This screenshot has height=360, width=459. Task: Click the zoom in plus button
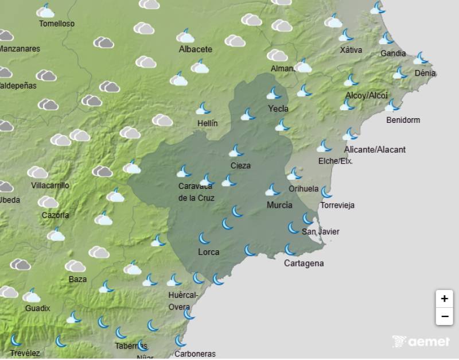(x=444, y=299)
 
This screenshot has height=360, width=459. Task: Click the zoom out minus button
(x=444, y=316)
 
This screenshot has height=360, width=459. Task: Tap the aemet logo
(x=421, y=342)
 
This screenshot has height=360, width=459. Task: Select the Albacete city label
(x=195, y=49)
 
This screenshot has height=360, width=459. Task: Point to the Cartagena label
(x=304, y=264)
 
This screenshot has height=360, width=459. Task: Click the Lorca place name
(x=208, y=252)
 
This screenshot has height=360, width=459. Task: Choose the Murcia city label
(x=279, y=205)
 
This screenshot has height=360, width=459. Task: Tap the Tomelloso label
(x=56, y=24)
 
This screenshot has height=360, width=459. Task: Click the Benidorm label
(x=403, y=120)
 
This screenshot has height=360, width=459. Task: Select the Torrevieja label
(x=337, y=205)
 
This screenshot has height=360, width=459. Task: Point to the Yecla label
(x=278, y=109)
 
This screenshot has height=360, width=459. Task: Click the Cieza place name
(x=240, y=166)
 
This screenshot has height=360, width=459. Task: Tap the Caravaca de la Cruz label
(x=196, y=192)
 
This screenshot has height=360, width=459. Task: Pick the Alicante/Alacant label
(x=375, y=150)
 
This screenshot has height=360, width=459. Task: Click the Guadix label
(x=37, y=308)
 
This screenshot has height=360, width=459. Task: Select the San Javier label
(x=320, y=231)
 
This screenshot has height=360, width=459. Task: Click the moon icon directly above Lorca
(x=204, y=238)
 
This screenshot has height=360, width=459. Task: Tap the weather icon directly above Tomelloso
(x=45, y=10)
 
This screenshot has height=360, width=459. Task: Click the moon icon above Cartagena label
(x=290, y=250)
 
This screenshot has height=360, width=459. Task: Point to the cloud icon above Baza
(x=75, y=266)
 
